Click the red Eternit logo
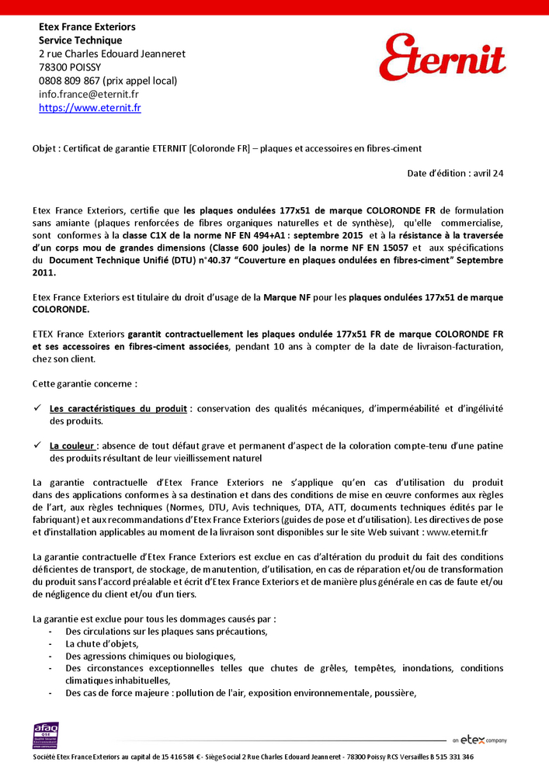(x=442, y=58)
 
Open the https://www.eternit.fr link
(x=90, y=108)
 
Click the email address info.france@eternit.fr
(x=89, y=94)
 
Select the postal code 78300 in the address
(x=52, y=67)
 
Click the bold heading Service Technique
(x=80, y=40)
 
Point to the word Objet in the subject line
(x=44, y=148)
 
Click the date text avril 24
(x=489, y=173)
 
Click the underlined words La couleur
(x=73, y=445)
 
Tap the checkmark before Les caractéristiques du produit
(x=37, y=408)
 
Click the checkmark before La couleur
(x=37, y=445)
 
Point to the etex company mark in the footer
(x=480, y=740)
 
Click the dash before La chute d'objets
(x=50, y=643)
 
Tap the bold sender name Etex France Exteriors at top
(x=87, y=27)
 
